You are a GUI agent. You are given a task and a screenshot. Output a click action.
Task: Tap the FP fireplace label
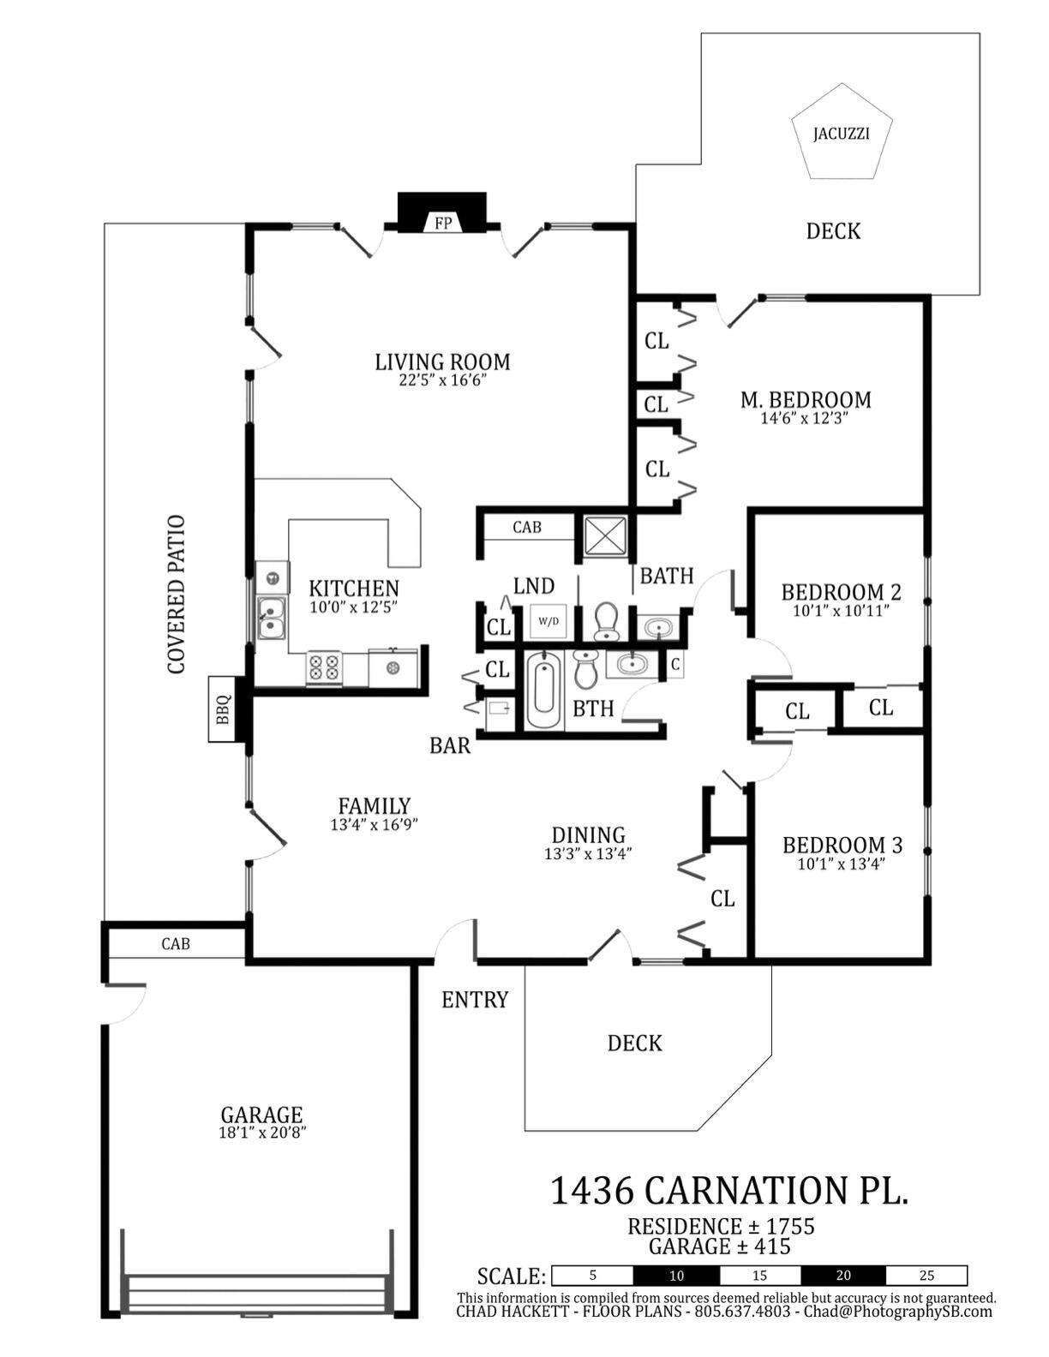(443, 224)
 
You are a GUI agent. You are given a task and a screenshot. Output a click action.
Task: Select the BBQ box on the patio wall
(223, 709)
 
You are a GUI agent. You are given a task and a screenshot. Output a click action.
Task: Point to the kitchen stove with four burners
(324, 667)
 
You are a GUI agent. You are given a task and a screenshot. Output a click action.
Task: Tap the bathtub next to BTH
(542, 690)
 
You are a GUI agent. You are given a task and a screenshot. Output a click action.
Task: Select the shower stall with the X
(605, 536)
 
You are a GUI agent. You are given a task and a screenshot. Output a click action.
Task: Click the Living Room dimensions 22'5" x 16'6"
(442, 381)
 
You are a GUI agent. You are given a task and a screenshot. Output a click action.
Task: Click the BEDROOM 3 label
(842, 846)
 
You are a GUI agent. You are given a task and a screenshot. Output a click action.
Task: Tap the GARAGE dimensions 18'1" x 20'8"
(261, 1133)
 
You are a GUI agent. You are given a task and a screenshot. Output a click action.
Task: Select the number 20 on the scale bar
(843, 1276)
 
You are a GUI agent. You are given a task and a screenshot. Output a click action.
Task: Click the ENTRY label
(475, 1000)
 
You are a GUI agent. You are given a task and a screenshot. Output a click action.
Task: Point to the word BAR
(450, 745)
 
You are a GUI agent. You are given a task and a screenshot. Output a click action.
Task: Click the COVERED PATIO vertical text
(177, 595)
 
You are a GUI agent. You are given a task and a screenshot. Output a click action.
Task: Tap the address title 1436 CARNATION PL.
(728, 1190)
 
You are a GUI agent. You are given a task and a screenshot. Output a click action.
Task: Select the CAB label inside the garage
(176, 944)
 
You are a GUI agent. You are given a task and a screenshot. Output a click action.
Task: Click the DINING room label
(588, 835)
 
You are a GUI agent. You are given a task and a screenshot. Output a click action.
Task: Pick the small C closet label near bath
(675, 664)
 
